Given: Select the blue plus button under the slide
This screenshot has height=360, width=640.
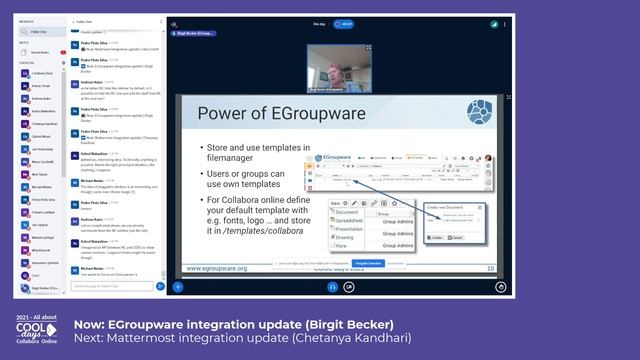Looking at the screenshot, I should (177, 286).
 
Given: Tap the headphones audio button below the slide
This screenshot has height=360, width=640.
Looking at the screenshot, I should (333, 286).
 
